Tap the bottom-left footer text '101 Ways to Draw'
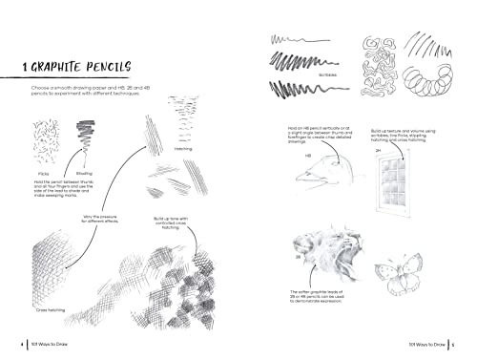click(x=43, y=344)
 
